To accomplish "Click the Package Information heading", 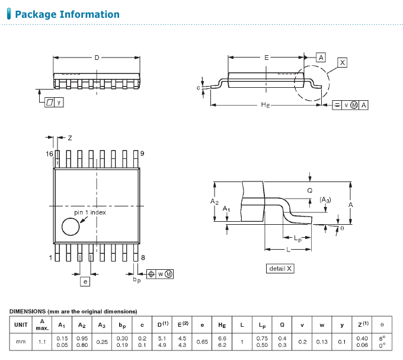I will tap(67, 14).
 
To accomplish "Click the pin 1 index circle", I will tap(71, 227).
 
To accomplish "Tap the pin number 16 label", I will tap(50, 153).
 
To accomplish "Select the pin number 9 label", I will tap(143, 153).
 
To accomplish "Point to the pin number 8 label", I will tap(143, 257).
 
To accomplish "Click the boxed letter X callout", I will tap(342, 62).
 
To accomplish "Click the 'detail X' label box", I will tap(280, 269).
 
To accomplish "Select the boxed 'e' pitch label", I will tap(85, 282).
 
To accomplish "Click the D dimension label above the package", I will tap(97, 58).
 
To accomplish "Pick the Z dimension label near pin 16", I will tap(69, 138).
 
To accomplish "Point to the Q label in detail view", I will tap(309, 190).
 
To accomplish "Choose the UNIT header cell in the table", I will tap(21, 324).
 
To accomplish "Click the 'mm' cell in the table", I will tap(21, 342).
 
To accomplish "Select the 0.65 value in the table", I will tap(202, 342).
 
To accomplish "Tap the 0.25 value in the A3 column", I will tap(102, 342).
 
